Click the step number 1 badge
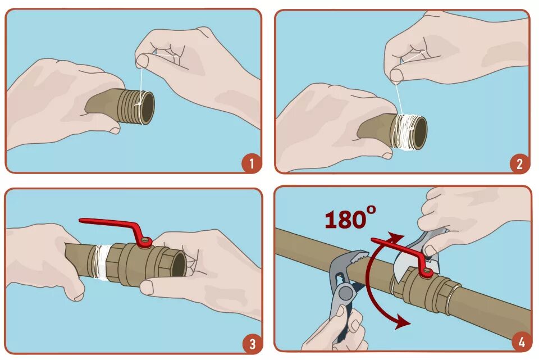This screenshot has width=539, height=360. [251, 163]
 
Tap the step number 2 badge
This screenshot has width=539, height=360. [519, 163]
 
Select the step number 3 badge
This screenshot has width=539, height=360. [252, 344]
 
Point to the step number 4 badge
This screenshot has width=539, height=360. [521, 342]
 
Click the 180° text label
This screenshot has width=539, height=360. [350, 218]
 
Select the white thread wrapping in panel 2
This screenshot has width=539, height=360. [405, 132]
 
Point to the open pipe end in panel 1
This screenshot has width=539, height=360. [147, 108]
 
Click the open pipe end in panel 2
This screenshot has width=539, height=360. [419, 133]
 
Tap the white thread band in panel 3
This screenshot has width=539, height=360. [100, 262]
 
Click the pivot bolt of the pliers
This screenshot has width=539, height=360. [345, 293]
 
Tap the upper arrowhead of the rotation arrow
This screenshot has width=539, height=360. [396, 236]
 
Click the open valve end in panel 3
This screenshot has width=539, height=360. [178, 263]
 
